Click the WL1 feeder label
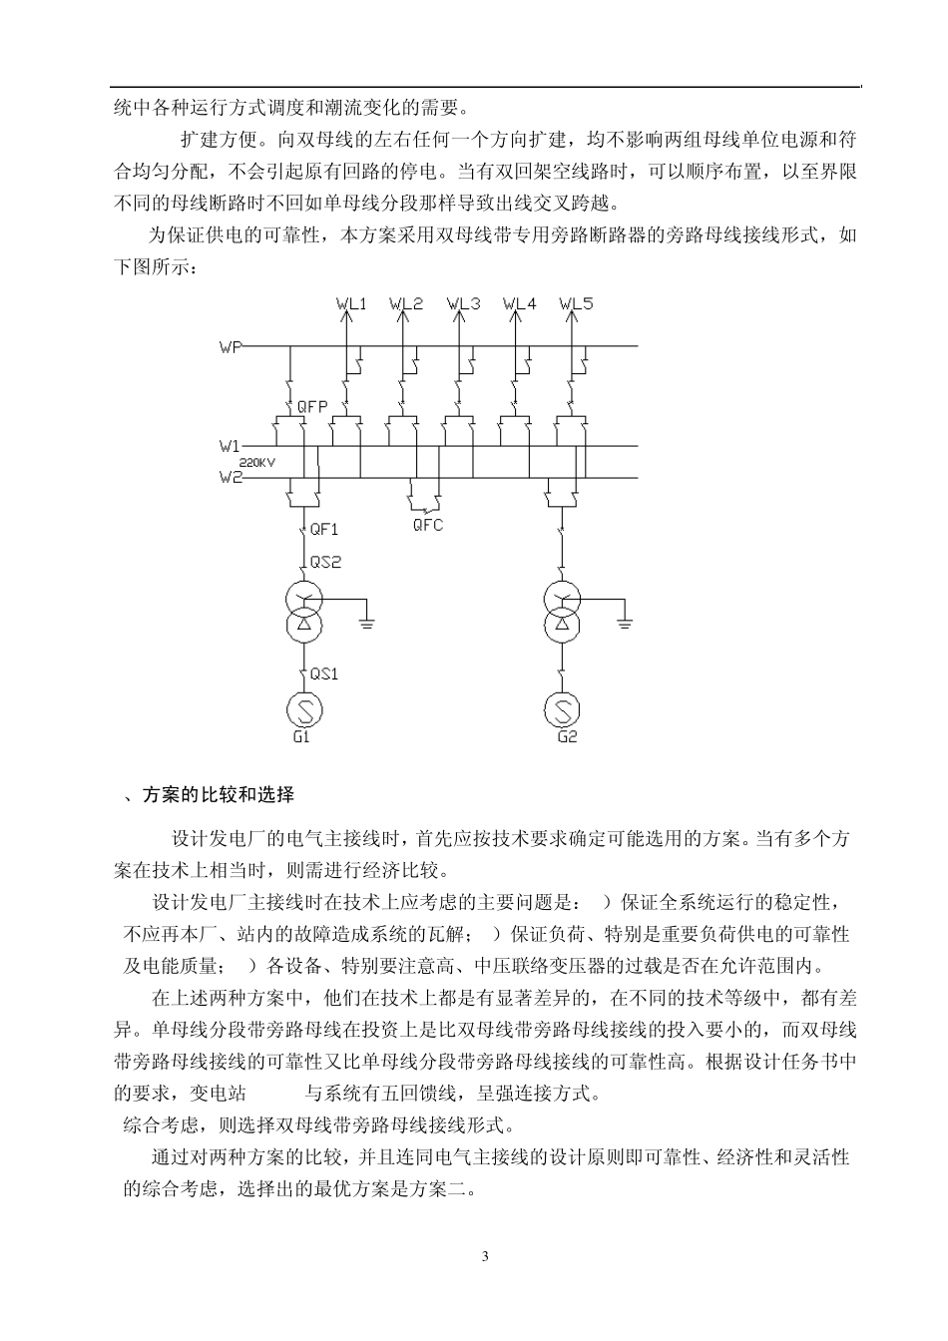click(x=351, y=303)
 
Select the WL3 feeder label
click(x=463, y=303)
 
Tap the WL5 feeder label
click(x=576, y=303)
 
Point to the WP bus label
click(x=230, y=347)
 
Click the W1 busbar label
click(x=230, y=447)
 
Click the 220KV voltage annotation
click(x=256, y=462)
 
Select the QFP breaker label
click(x=312, y=407)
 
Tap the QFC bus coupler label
click(x=428, y=525)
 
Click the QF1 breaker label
click(x=324, y=530)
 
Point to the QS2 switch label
click(x=325, y=562)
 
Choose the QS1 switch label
click(x=323, y=673)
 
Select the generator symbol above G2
click(x=563, y=709)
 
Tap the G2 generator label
click(x=567, y=737)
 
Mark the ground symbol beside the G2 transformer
click(x=626, y=624)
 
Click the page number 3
click(x=485, y=1255)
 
